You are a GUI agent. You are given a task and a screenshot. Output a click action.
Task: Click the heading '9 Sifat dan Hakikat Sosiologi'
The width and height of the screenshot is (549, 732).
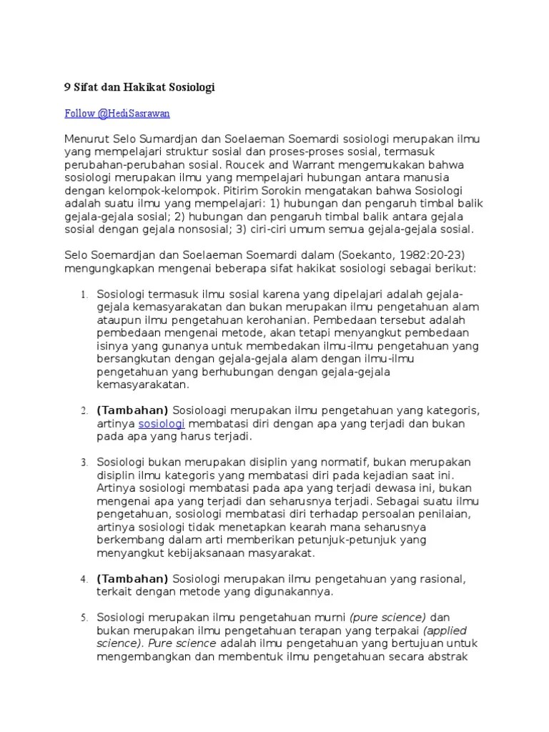[139, 87]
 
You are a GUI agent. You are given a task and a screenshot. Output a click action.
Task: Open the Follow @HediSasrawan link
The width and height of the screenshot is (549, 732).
[117, 113]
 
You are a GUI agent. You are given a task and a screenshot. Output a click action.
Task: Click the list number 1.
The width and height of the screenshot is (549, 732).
[83, 295]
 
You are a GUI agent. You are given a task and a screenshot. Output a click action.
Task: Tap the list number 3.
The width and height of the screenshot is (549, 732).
[83, 463]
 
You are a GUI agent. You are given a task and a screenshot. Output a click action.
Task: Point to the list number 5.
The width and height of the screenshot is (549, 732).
[83, 617]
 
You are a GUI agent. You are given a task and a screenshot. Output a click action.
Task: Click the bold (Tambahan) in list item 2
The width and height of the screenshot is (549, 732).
[132, 410]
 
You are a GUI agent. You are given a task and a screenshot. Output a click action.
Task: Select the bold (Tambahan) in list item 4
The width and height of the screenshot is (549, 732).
[132, 578]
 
